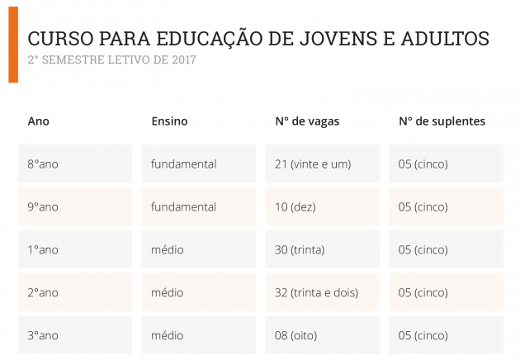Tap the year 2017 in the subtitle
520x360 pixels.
(x=185, y=60)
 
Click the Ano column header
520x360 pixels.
(x=39, y=121)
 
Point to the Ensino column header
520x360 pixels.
(x=169, y=121)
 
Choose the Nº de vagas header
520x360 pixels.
(x=307, y=121)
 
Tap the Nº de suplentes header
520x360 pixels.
(x=442, y=121)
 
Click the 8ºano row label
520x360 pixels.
(x=43, y=164)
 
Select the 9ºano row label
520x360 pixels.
(x=43, y=207)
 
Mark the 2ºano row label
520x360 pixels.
(x=43, y=293)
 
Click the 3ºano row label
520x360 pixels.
(x=43, y=336)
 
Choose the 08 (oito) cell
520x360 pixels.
(x=296, y=336)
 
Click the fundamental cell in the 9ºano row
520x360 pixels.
(x=184, y=207)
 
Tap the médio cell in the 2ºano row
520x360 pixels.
(x=168, y=293)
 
